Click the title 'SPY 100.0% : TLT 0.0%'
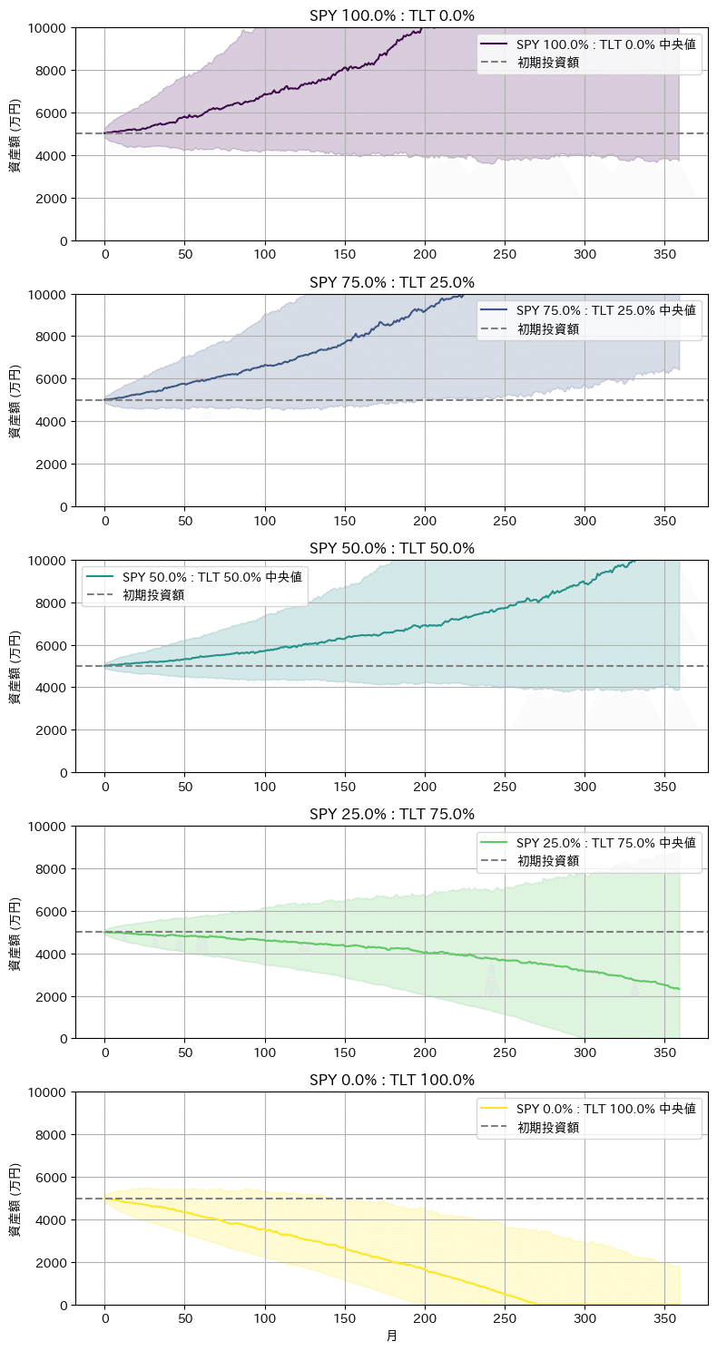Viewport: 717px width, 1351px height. coord(391,15)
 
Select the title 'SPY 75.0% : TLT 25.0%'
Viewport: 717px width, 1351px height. coord(391,282)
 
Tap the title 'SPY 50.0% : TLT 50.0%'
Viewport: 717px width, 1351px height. coord(391,548)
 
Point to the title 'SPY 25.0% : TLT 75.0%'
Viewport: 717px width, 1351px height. coord(391,814)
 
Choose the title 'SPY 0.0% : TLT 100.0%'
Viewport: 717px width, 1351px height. coord(391,1080)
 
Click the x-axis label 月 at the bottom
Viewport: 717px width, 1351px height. coord(391,1336)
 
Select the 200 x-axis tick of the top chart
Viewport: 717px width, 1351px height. coord(425,255)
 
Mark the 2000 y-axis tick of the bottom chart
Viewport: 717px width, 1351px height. coord(54,1262)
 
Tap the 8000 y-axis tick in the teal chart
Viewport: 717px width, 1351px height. coord(54,602)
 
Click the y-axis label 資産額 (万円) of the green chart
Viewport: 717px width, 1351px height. coord(15,933)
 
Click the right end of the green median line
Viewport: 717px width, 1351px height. coord(679,989)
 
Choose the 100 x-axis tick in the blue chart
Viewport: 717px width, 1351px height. coord(265,521)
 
